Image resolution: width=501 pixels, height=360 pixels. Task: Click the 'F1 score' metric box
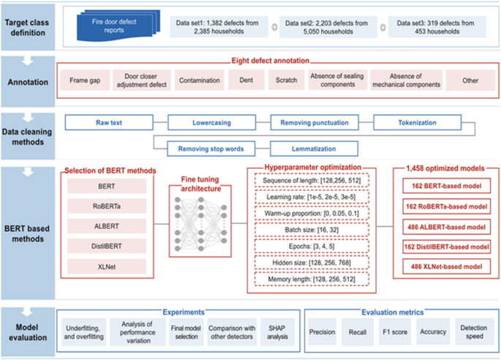pos(391,330)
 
